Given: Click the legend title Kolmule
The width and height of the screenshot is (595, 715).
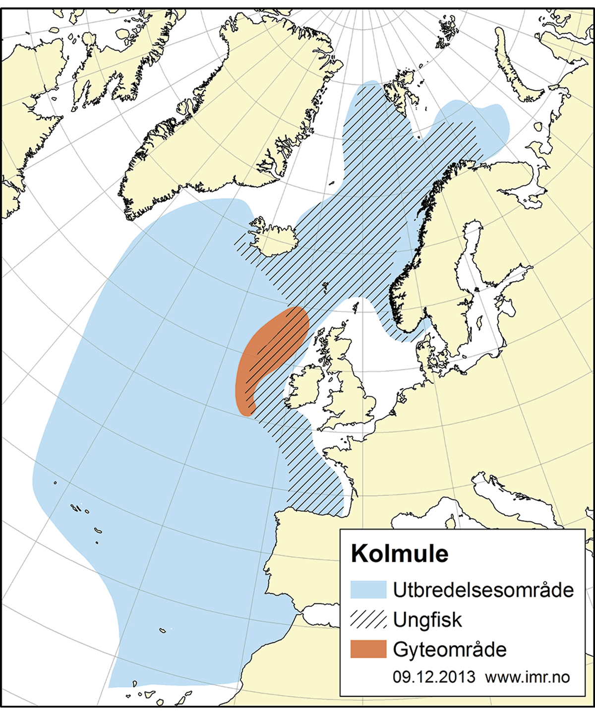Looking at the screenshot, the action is click(x=400, y=554).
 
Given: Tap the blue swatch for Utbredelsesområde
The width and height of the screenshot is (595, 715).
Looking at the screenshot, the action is click(x=368, y=590).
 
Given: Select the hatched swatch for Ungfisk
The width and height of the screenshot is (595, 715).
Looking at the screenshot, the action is click(x=368, y=620).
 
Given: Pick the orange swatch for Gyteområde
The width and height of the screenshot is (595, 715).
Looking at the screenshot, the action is click(x=368, y=649).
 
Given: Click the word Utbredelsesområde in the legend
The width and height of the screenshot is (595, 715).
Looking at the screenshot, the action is click(x=483, y=590).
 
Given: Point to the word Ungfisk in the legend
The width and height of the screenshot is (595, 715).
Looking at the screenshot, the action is click(x=427, y=620).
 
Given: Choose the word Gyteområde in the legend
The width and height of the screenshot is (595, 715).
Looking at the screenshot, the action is click(x=449, y=650).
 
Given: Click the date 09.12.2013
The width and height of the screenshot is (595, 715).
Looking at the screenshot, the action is click(x=434, y=677).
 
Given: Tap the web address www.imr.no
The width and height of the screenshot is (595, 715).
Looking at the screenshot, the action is click(x=528, y=677).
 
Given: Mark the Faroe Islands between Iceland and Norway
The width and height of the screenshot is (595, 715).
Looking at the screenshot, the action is click(x=325, y=286).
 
